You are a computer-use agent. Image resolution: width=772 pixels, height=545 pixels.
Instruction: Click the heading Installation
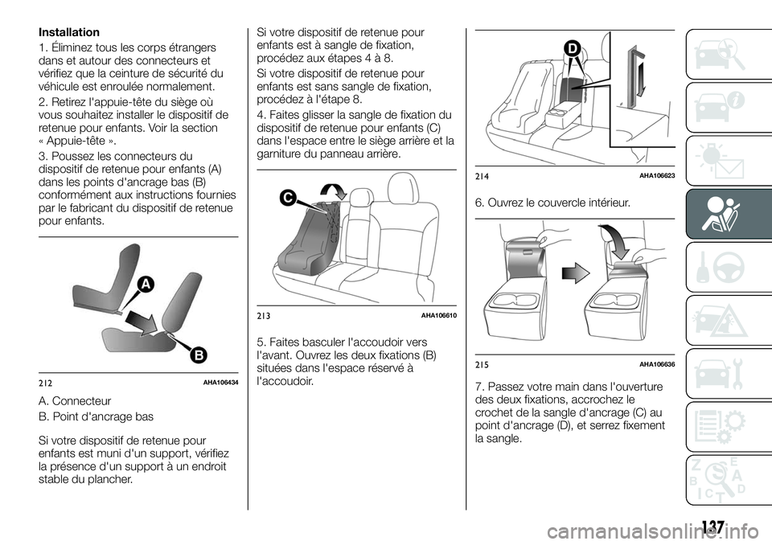(69, 32)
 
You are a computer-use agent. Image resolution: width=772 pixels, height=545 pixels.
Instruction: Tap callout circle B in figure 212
(199, 355)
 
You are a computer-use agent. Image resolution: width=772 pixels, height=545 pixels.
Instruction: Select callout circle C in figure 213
(287, 199)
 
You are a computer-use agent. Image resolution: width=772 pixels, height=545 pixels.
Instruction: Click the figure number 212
(45, 383)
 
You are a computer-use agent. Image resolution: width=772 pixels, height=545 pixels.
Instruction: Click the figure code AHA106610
(439, 315)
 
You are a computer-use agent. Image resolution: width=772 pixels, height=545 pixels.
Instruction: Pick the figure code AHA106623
(657, 176)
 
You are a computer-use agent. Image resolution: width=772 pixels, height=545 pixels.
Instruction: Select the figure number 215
(482, 364)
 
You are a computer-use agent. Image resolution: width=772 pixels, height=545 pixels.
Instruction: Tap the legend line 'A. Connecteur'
(75, 401)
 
